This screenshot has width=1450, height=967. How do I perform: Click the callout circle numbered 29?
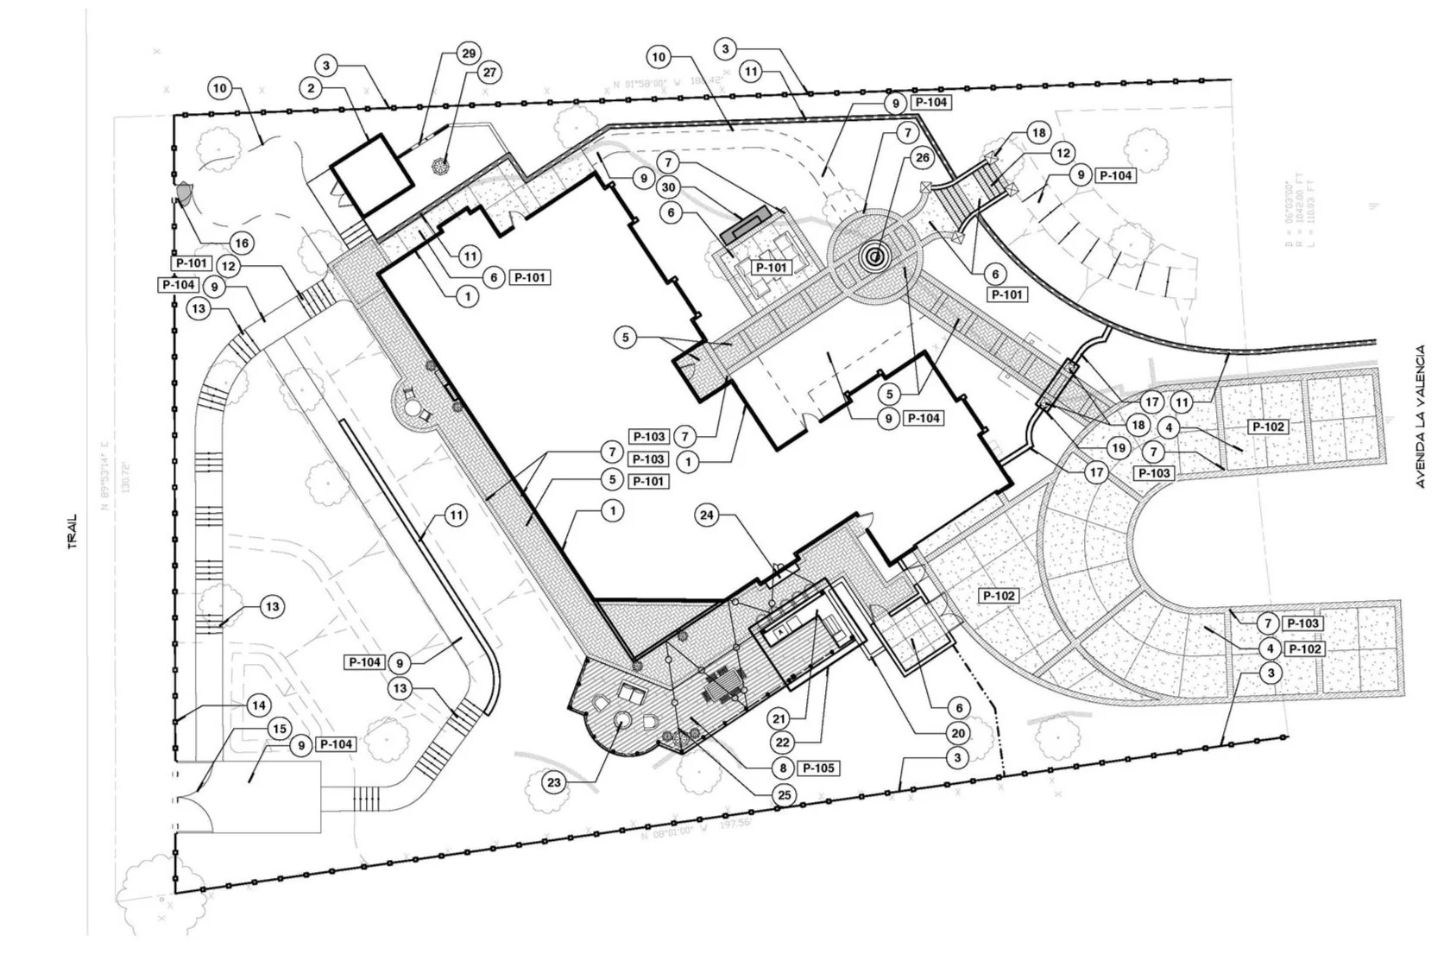469,54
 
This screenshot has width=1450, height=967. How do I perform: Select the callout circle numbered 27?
489,73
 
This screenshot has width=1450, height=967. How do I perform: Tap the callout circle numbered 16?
242,243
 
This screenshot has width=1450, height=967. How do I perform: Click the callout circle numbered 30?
667,186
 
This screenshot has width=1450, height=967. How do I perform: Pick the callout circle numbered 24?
708,515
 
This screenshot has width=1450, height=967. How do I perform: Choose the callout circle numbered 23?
554,783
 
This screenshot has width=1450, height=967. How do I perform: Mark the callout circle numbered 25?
785,795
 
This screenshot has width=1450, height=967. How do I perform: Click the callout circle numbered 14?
257,705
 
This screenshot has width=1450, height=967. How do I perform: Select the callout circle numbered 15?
278,730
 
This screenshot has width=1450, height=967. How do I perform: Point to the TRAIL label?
73,533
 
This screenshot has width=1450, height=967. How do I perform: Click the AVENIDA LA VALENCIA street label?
1420,416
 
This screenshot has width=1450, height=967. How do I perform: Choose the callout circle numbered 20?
957,732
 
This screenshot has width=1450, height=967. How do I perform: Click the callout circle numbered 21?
779,718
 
